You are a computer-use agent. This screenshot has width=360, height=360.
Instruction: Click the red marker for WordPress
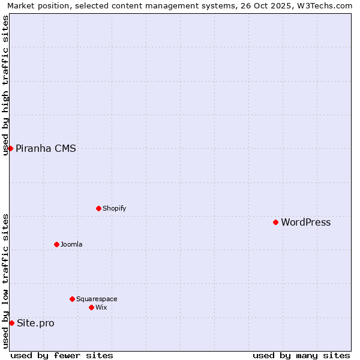(x=275, y=222)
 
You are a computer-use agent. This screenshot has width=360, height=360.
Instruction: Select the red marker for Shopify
(x=98, y=208)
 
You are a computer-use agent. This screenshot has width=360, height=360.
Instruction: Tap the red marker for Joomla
(x=56, y=244)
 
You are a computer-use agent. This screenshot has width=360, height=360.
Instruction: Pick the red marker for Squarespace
(x=72, y=299)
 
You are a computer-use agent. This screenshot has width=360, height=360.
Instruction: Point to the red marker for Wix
(x=91, y=307)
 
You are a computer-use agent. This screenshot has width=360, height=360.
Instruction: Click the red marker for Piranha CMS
(x=10, y=148)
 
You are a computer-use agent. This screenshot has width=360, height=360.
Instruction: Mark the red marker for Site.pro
(x=11, y=323)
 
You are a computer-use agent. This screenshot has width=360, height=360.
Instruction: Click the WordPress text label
(x=305, y=223)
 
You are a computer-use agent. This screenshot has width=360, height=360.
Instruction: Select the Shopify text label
(x=114, y=209)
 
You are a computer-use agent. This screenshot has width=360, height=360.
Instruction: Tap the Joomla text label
(x=71, y=245)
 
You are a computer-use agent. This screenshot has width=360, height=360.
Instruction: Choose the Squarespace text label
(x=97, y=299)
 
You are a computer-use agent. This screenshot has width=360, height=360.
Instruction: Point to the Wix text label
(x=101, y=308)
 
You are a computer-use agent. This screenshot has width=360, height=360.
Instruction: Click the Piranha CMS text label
(x=46, y=149)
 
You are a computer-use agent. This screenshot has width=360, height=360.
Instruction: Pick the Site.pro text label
(x=35, y=323)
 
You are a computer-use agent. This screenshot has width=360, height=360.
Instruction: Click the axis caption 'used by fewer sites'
(x=62, y=355)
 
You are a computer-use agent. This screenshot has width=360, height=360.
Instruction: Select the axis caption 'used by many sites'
(x=301, y=355)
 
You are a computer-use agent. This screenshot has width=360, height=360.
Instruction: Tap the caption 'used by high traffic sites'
(x=6, y=85)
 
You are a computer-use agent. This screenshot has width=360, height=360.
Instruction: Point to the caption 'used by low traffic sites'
(x=6, y=281)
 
